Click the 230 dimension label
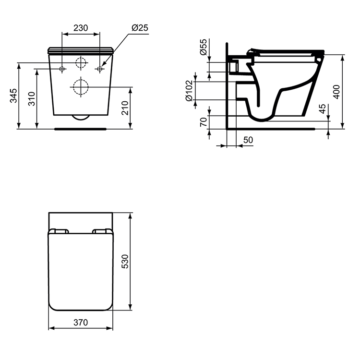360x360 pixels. click(x=81, y=28)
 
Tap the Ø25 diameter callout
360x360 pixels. click(x=139, y=28)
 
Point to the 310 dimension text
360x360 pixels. click(x=32, y=99)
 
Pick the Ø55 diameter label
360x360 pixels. click(x=204, y=48)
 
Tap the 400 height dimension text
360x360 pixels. click(x=336, y=91)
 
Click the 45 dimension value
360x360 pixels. click(x=323, y=109)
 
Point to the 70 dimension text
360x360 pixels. click(x=204, y=122)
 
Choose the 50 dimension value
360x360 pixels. click(x=248, y=140)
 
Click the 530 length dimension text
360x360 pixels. click(x=125, y=262)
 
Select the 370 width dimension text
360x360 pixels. click(x=81, y=323)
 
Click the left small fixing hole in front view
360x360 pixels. click(x=62, y=69)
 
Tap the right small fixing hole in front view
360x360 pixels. click(x=100, y=69)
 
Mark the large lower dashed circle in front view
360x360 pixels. click(x=81, y=86)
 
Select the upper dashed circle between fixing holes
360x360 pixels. click(x=81, y=62)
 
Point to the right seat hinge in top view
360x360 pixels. click(x=102, y=231)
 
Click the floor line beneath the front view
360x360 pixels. click(x=81, y=129)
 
